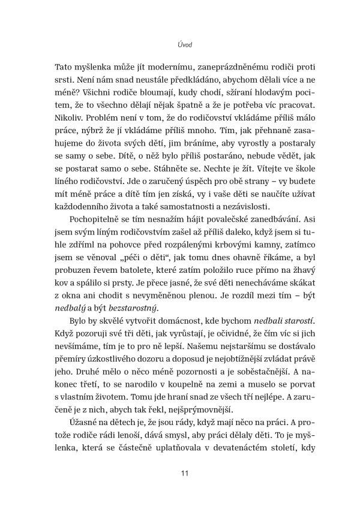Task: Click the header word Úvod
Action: click(180, 44)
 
